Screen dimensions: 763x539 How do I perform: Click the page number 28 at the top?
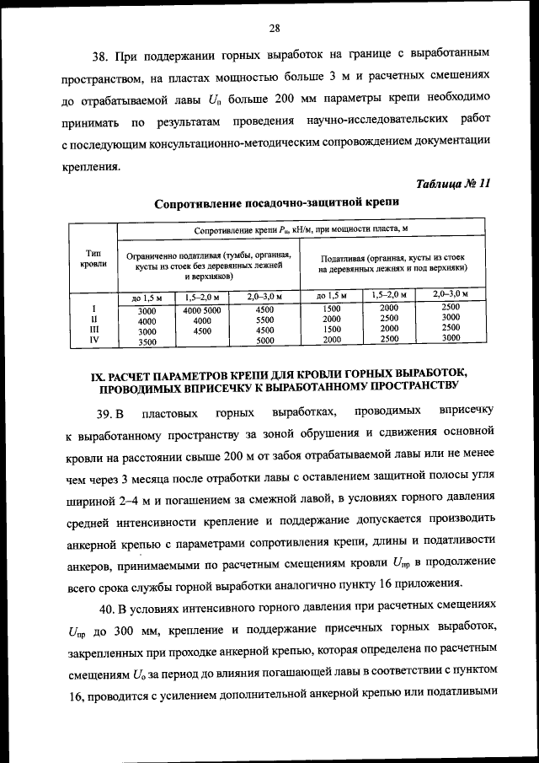tap(274, 27)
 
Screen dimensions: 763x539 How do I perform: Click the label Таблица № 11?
tap(453, 185)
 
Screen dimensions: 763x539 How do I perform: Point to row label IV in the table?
tap(94, 341)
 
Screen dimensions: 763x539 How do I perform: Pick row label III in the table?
tap(94, 330)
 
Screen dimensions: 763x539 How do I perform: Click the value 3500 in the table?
tap(147, 342)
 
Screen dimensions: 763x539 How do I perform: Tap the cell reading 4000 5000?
tap(201, 310)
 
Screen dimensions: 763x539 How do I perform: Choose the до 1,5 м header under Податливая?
tap(331, 296)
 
